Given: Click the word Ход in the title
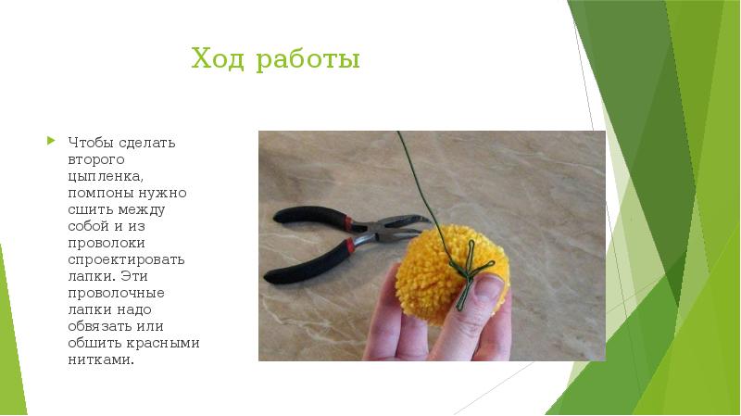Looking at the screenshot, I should click(x=213, y=61).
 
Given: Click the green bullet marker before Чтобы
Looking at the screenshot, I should click(x=51, y=141).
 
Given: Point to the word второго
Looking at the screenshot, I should click(x=94, y=159).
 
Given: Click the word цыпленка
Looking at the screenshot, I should click(x=104, y=176).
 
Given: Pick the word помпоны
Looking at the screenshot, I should click(x=96, y=192).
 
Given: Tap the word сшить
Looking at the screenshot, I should click(x=86, y=208).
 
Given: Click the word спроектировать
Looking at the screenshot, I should click(x=126, y=258).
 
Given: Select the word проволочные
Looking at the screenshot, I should click(x=107, y=292).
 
